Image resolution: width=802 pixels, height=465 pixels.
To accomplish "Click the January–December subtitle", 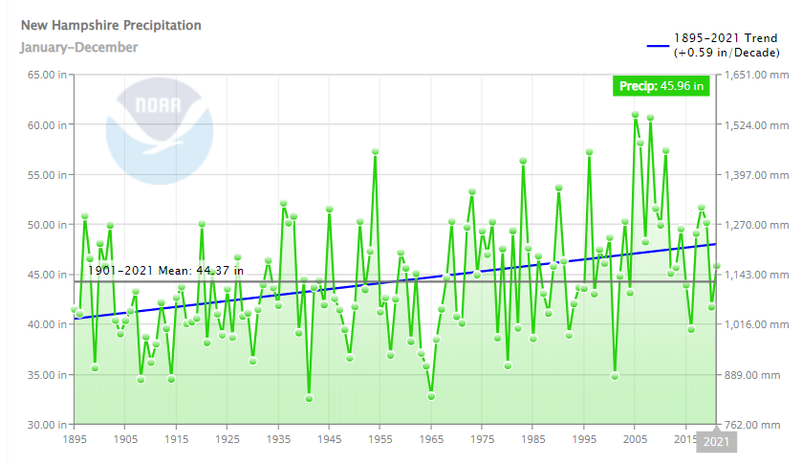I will (x=79, y=47).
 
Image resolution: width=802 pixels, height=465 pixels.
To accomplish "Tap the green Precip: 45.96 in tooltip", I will (x=661, y=87).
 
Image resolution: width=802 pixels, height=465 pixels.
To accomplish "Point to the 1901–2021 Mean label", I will (x=165, y=271).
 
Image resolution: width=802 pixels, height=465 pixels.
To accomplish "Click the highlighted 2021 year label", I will (x=716, y=441).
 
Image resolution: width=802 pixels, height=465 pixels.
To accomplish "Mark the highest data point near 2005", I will (x=635, y=115).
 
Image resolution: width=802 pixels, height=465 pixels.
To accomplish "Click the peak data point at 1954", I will (x=376, y=152).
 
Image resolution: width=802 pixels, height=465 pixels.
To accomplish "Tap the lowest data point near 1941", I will (x=309, y=398).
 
